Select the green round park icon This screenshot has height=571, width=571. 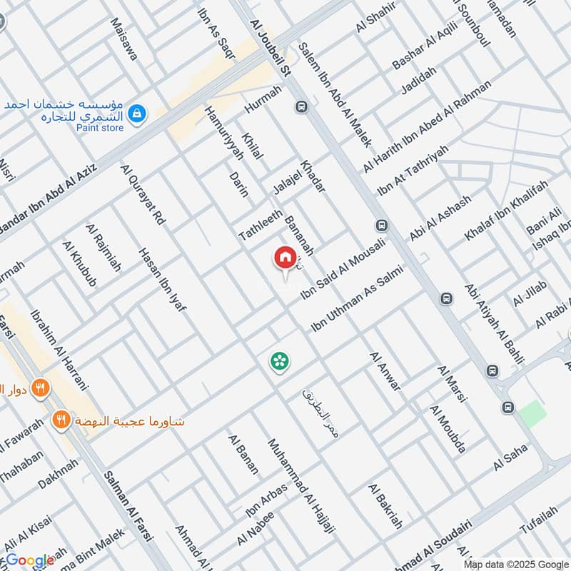pyautogui.click(x=279, y=361)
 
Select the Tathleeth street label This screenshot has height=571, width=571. pyautogui.click(x=261, y=223)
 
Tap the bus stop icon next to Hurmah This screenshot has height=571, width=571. pyautogui.click(x=301, y=107)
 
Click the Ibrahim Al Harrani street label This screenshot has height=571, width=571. pyautogui.click(x=59, y=350)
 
